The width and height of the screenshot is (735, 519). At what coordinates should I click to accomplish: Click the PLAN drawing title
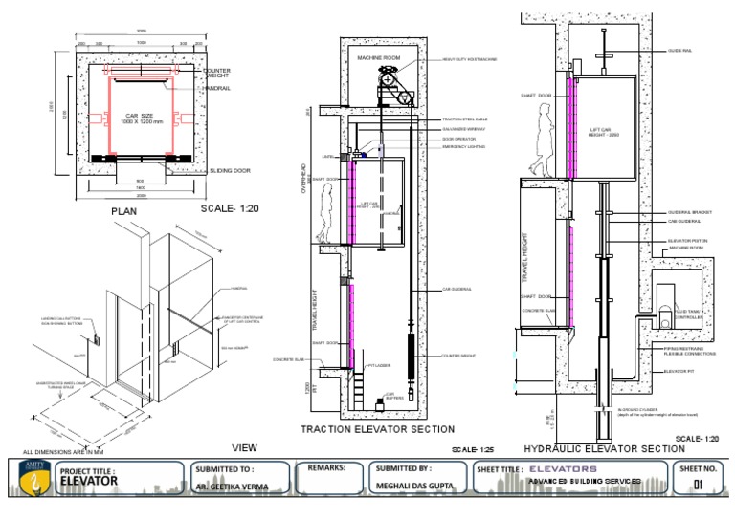pyautogui.click(x=124, y=211)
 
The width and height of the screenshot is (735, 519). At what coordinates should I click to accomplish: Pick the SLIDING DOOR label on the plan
pyautogui.click(x=230, y=170)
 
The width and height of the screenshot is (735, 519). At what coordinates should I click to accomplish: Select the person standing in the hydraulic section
pyautogui.click(x=544, y=140)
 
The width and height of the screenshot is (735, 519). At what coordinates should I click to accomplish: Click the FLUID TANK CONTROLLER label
pyautogui.click(x=689, y=314)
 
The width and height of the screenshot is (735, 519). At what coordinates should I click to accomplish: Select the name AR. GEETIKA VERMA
pyautogui.click(x=230, y=487)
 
